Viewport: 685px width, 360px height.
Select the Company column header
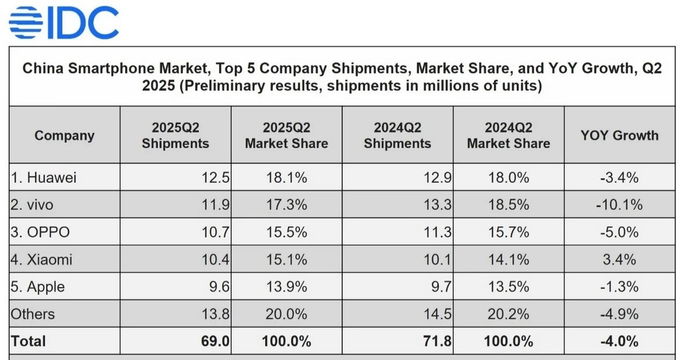64,135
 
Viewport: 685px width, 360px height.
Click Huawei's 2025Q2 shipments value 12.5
215,177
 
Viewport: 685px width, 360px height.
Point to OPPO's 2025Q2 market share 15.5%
286,232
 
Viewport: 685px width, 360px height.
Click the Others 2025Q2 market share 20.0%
286,314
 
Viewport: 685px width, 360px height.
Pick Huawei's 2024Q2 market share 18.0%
508,177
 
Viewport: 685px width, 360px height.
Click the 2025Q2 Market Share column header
286,135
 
